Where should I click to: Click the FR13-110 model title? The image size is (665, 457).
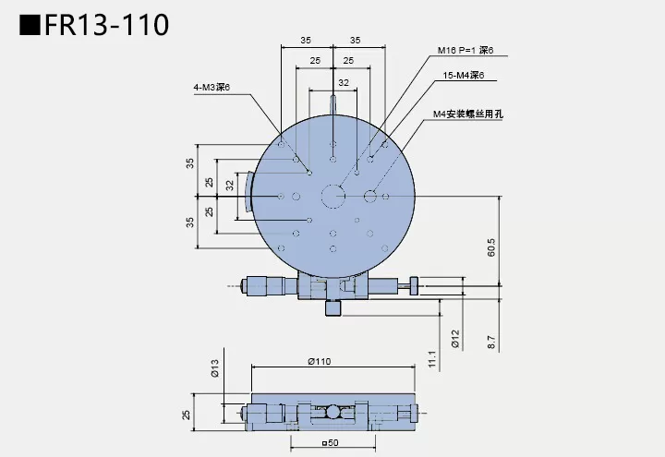pyautogui.click(x=92, y=24)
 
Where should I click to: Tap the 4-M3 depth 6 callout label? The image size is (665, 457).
pyautogui.click(x=211, y=88)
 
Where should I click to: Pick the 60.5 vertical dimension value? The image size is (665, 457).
pyautogui.click(x=491, y=247)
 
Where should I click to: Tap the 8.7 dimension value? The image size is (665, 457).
pyautogui.click(x=491, y=341)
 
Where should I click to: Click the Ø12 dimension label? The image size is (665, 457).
pyautogui.click(x=455, y=339)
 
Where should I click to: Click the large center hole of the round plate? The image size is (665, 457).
pyautogui.click(x=332, y=195)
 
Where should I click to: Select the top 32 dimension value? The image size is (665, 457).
pyautogui.click(x=343, y=83)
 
